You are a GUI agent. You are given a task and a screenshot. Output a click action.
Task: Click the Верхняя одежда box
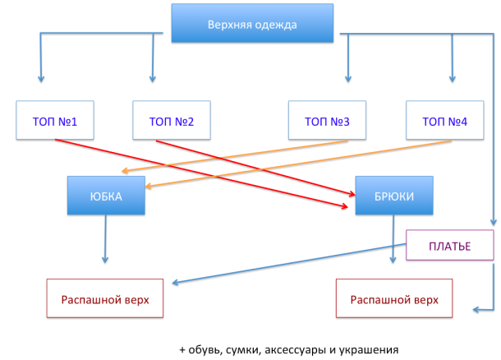point(252,23)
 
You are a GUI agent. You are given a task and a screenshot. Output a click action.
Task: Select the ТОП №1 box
point(55,120)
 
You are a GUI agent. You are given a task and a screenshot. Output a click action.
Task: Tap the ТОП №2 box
point(172,120)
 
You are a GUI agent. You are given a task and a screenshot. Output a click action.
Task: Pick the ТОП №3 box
point(327,120)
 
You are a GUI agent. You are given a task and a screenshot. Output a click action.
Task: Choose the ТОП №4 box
point(445,120)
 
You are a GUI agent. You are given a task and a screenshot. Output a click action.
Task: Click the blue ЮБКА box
point(106,196)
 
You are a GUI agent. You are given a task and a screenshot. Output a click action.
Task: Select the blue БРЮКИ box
point(394,196)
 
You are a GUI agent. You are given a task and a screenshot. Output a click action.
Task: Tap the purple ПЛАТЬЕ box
point(450,245)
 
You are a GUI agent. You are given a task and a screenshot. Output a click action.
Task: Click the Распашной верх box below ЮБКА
point(105,298)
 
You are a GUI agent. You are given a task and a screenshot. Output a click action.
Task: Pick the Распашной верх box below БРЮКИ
point(394,298)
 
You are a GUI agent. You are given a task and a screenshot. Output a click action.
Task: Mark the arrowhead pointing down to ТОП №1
point(40,79)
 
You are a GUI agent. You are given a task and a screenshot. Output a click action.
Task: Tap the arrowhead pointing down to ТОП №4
point(452,79)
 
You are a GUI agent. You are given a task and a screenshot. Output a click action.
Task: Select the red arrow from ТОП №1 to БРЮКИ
point(201,173)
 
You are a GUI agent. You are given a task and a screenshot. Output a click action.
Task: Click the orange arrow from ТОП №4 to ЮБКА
point(298,164)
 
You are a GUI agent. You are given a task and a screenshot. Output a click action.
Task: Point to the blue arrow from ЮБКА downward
point(105,239)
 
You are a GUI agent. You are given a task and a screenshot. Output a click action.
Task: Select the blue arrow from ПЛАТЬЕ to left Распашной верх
point(289,264)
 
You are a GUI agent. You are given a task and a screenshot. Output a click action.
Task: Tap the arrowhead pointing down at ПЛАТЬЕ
point(494,222)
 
